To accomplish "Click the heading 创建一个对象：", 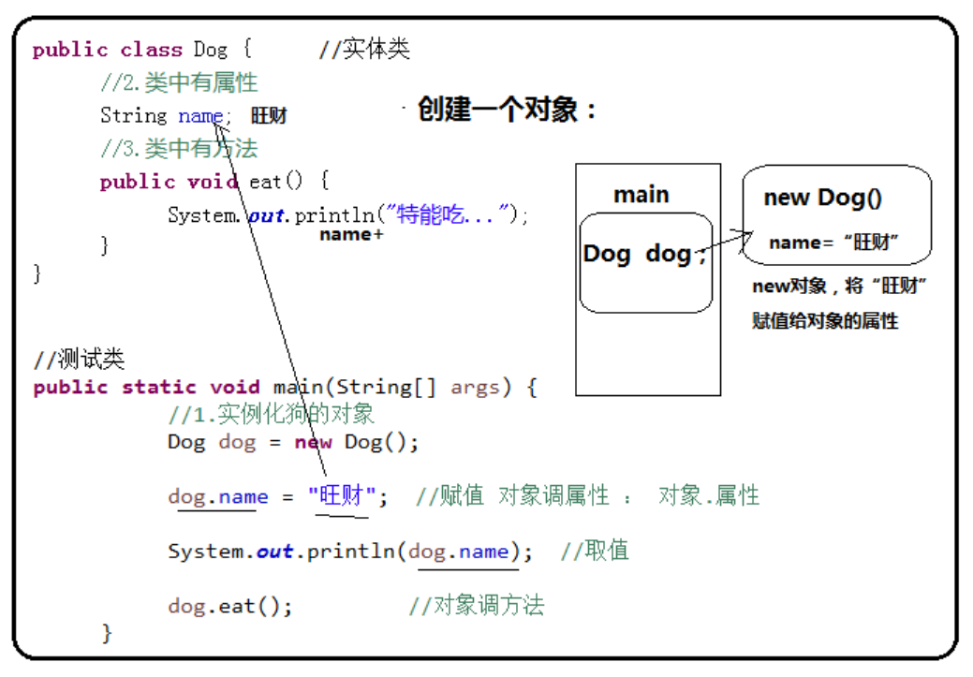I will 507,110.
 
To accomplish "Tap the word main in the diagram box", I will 641,195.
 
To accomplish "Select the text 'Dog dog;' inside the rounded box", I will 644,255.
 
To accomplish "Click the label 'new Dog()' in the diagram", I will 821,198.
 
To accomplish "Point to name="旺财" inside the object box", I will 834,243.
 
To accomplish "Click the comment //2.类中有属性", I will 179,83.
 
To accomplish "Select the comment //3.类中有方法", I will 179,149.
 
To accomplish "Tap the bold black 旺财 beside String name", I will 269,116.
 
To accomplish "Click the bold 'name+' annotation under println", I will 351,235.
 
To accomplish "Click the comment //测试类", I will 79,360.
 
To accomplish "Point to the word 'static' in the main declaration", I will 158,388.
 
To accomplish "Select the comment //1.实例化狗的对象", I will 272,414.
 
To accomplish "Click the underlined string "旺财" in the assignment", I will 342,496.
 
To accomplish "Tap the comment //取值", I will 595,551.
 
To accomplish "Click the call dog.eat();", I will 230,606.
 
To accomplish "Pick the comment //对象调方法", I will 476,606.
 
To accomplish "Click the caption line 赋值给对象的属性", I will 825,321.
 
